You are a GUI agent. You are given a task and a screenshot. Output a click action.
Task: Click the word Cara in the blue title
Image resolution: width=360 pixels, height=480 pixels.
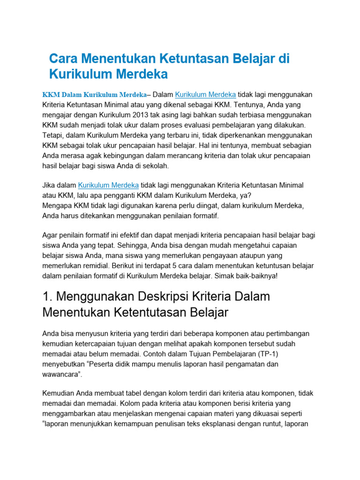64,59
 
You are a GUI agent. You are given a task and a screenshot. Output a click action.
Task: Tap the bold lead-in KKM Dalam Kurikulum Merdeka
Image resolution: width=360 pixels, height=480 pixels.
94,94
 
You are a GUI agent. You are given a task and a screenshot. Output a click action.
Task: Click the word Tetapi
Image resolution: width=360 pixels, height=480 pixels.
54,135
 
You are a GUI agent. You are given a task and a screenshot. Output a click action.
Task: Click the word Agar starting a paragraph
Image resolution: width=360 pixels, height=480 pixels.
50,236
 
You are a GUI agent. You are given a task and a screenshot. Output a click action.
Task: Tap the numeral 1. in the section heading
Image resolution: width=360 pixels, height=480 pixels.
48,297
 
